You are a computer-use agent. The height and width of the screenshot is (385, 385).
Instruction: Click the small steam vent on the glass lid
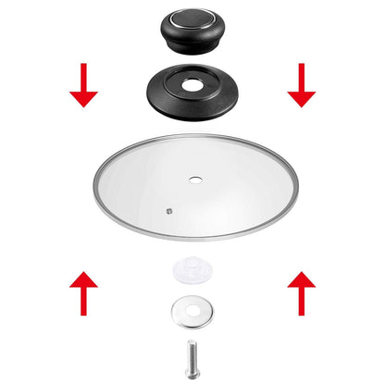coord(168,210)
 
